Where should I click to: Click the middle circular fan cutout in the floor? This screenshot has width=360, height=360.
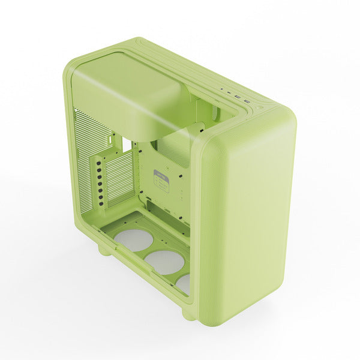[165, 262]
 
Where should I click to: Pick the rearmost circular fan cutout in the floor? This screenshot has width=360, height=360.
[134, 239]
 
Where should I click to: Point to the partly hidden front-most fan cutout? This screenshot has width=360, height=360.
[184, 283]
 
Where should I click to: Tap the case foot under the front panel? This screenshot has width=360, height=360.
[190, 313]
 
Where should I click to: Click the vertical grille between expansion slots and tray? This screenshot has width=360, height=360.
[117, 177]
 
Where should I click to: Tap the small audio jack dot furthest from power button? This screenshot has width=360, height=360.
[223, 91]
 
